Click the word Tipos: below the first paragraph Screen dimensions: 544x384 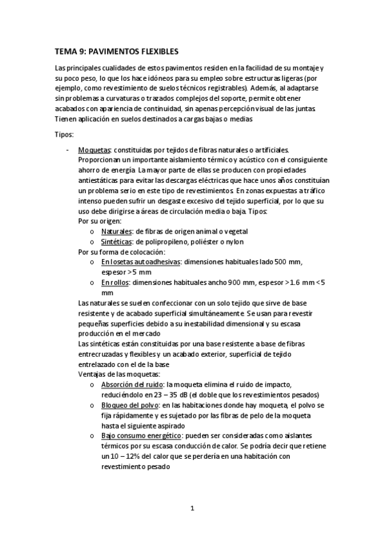pos(65,135)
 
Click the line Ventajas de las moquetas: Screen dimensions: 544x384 pos(119,374)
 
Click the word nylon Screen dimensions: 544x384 pos(233,241)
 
